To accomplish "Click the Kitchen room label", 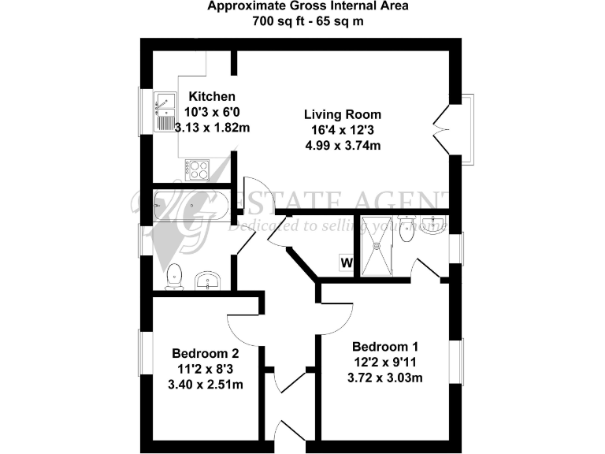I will click(206, 97).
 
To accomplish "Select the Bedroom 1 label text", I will click(385, 347).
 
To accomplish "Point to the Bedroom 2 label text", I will click(206, 353).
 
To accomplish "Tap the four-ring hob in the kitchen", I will click(196, 168).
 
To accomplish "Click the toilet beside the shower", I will click(406, 232).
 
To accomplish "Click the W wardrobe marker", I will click(346, 262).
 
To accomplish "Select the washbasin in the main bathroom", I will click(210, 280).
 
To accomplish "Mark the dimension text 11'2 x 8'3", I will click(206, 369).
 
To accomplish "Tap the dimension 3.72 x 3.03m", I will click(385, 378).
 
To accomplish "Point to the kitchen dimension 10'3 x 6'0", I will click(206, 112).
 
